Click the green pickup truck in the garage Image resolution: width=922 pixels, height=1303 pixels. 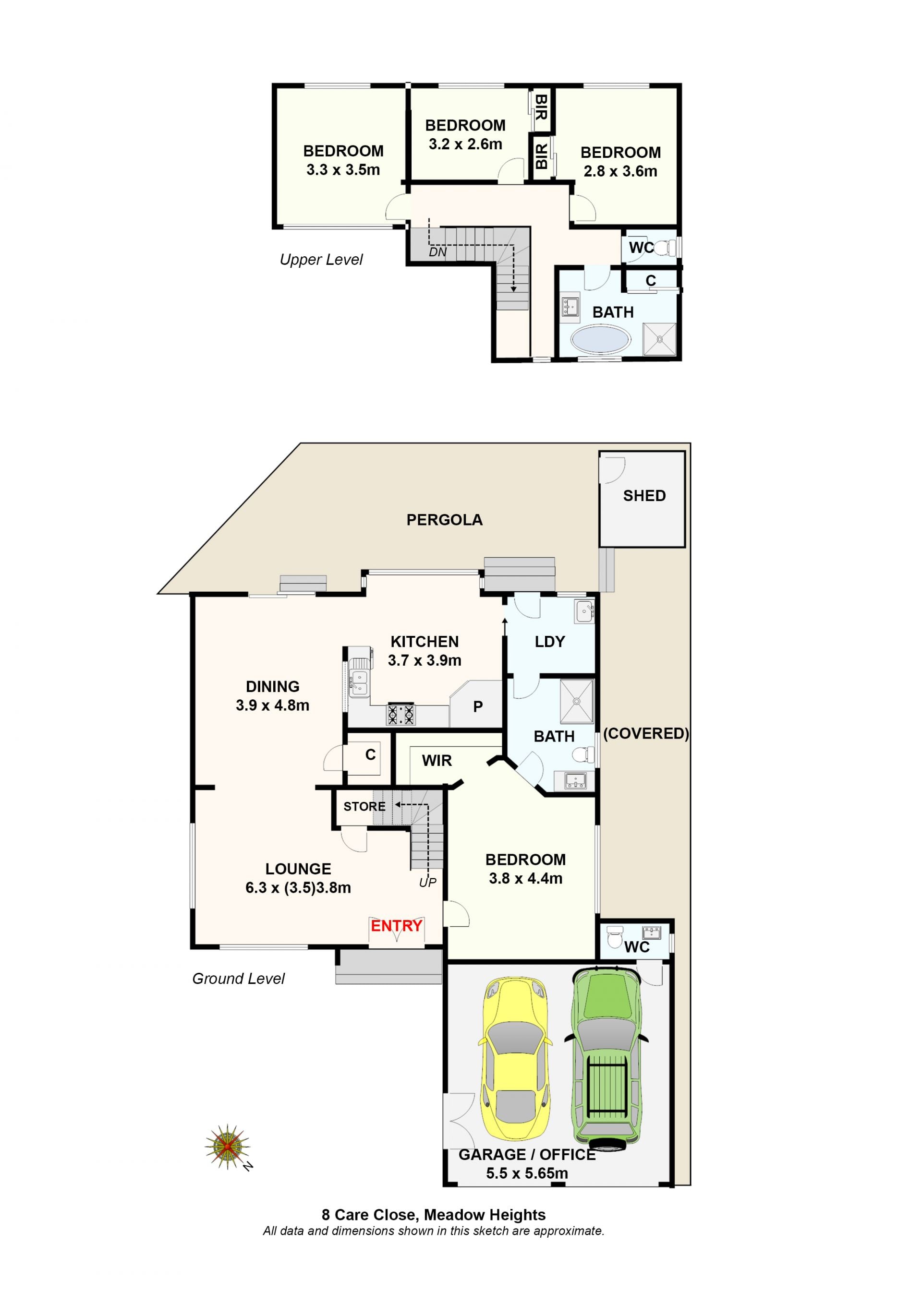(607, 1060)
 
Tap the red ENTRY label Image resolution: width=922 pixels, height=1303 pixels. (396, 926)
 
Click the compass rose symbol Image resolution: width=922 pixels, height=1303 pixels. (228, 1147)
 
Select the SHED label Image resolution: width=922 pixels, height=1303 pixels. (644, 495)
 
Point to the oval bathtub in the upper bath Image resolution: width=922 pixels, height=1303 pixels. (601, 340)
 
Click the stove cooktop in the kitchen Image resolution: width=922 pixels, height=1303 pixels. (401, 714)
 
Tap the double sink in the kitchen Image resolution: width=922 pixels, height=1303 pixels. (359, 683)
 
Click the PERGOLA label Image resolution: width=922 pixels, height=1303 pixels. (445, 520)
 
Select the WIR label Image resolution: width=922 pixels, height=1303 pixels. (437, 761)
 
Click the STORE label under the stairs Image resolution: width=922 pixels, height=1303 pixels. (364, 806)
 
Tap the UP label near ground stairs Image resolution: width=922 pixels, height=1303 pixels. (427, 883)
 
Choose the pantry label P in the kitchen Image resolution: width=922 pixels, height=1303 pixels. (478, 706)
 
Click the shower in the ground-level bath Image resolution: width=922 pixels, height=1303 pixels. (577, 702)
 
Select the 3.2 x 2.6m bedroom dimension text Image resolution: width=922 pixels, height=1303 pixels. (465, 144)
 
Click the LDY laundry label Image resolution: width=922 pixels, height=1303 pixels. (549, 642)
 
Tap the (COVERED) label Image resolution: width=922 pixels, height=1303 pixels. (646, 733)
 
